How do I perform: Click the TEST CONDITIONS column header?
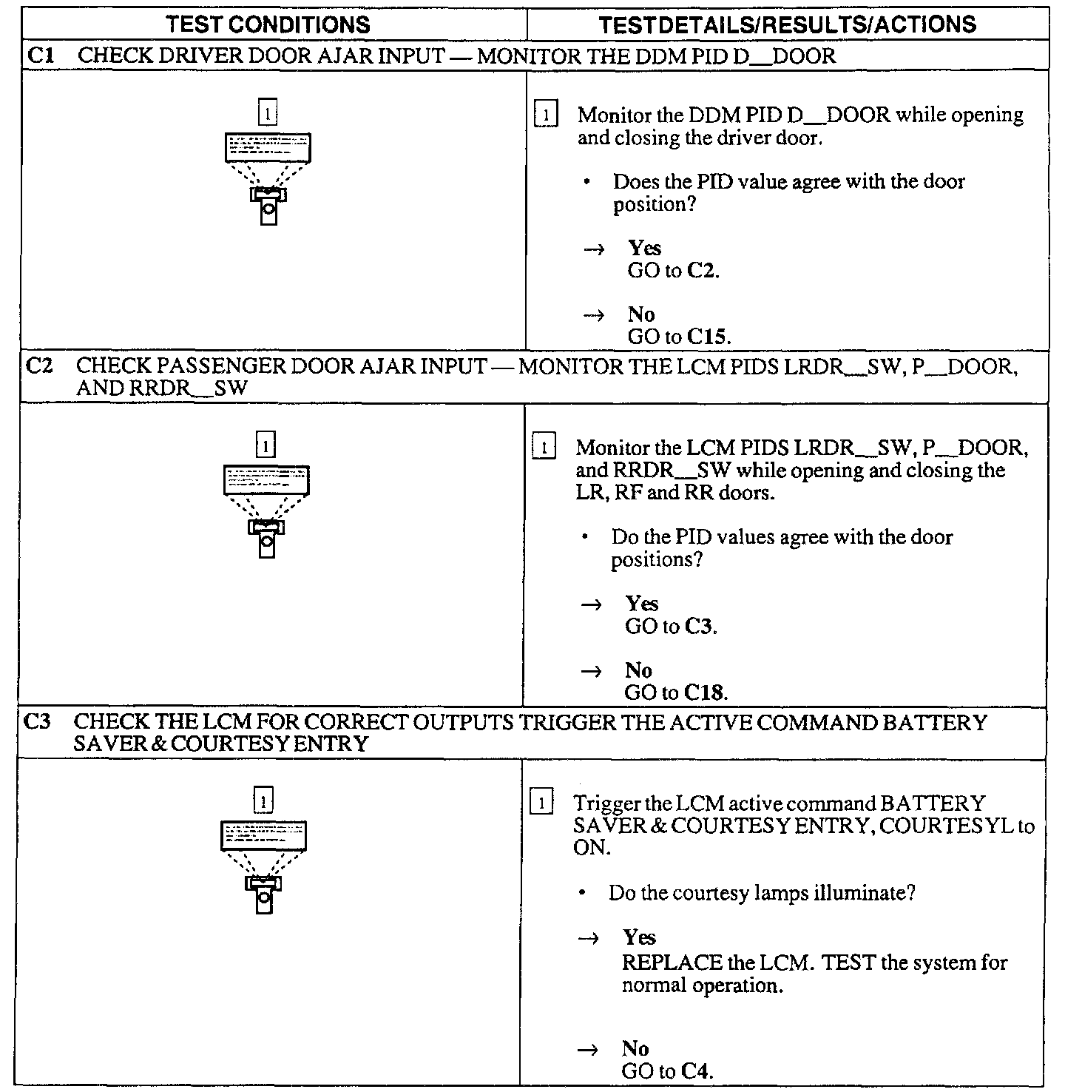(268, 24)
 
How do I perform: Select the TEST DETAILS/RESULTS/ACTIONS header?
(787, 24)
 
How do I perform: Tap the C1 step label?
(39, 55)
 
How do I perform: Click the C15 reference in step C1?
(708, 337)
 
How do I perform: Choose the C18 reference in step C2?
(706, 693)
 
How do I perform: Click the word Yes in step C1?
(644, 248)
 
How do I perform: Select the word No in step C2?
(638, 670)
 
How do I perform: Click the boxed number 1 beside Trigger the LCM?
(543, 803)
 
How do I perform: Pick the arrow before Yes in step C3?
(589, 938)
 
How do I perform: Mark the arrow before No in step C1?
(595, 315)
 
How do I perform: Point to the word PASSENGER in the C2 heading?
(222, 365)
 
